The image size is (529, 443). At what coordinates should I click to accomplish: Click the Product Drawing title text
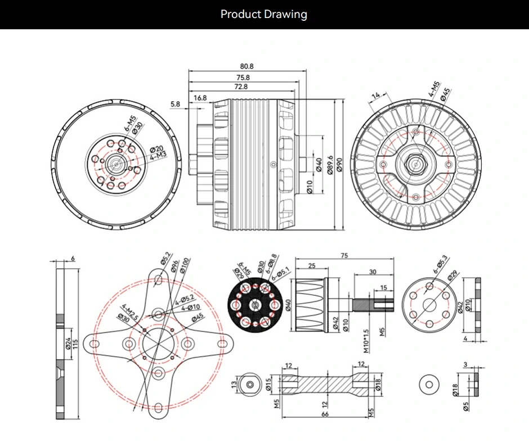(x=264, y=14)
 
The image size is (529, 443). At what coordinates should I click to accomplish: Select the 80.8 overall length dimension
(x=246, y=66)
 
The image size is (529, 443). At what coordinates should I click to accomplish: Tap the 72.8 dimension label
(x=241, y=87)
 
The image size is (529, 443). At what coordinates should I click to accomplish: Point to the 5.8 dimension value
(x=174, y=104)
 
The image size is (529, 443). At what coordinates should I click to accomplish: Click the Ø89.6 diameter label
(x=330, y=165)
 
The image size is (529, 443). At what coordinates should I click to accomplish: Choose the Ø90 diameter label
(x=339, y=165)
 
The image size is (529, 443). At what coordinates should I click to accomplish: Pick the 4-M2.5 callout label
(x=130, y=311)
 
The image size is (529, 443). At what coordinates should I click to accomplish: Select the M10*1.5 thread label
(x=366, y=341)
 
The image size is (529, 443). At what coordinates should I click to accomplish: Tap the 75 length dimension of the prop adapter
(x=344, y=256)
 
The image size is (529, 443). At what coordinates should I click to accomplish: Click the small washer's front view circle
(x=429, y=384)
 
